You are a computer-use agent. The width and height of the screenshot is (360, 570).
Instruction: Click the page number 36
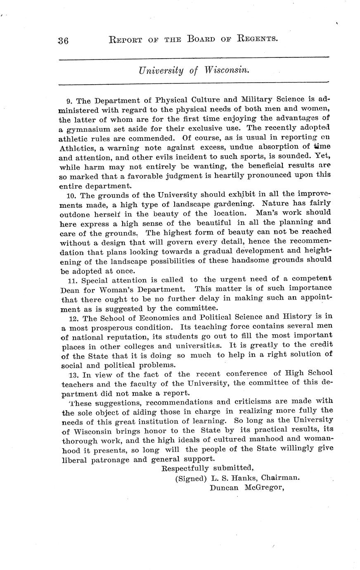pos(64,40)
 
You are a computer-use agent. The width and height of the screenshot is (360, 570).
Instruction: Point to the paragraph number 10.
pos(71,195)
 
